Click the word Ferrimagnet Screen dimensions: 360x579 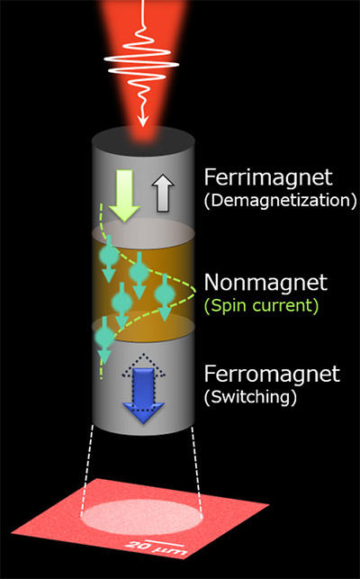point(268,177)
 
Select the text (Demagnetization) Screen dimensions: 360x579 point(280,201)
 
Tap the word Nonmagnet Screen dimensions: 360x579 point(265,283)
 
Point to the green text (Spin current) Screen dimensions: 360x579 point(261,306)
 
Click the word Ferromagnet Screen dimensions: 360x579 point(272,374)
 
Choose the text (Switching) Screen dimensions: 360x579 point(251,397)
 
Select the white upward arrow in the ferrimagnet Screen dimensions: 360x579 point(163,193)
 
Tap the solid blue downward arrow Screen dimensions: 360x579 point(143,396)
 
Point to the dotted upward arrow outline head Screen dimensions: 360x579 point(143,366)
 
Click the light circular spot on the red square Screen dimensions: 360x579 point(142,516)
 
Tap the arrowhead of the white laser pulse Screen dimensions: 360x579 point(143,122)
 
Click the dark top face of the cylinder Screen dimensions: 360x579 point(143,141)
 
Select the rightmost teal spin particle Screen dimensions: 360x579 point(165,294)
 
